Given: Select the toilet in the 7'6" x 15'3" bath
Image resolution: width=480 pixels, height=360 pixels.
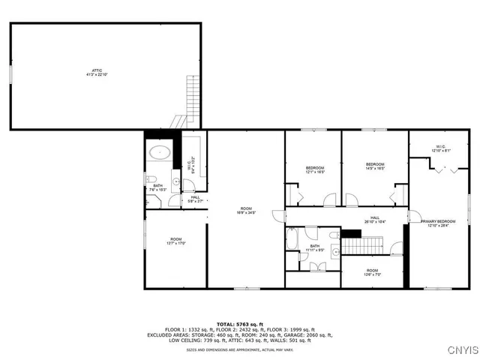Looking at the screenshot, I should [x=151, y=179].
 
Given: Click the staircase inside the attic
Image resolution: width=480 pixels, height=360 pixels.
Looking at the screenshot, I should [x=193, y=101].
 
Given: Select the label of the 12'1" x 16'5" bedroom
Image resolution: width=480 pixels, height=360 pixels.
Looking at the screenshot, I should [x=314, y=169].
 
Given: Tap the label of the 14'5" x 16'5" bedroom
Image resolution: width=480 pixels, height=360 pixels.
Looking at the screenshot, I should [x=375, y=166].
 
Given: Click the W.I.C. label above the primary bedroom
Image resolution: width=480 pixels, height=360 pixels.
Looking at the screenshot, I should [x=439, y=148].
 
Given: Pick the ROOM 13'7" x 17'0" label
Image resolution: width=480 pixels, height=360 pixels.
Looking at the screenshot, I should [x=176, y=241].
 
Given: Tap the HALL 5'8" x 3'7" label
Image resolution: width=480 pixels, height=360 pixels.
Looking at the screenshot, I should [x=195, y=199].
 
